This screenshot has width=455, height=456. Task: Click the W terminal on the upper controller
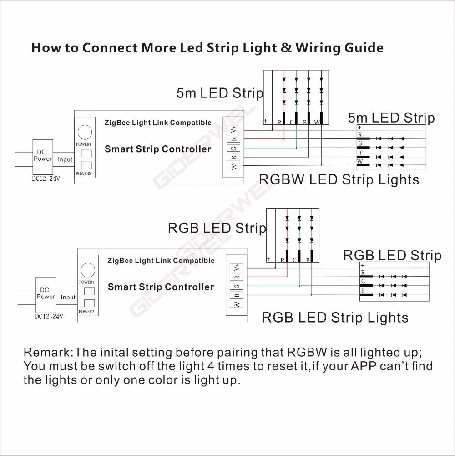click(234, 167)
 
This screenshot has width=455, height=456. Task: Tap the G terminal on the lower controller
click(237, 286)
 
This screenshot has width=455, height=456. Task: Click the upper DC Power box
click(43, 156)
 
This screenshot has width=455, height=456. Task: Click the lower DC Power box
click(45, 293)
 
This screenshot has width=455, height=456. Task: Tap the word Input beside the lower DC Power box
click(68, 297)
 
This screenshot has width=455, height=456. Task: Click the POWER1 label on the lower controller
click(86, 282)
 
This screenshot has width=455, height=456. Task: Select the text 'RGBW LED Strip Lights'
click(339, 179)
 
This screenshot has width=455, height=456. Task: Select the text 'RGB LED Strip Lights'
click(335, 317)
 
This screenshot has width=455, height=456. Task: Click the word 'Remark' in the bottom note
click(47, 353)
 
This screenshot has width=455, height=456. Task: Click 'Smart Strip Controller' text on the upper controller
click(158, 149)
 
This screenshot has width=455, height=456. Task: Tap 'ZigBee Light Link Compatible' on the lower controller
click(161, 261)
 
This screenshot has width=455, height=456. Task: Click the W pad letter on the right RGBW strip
click(359, 162)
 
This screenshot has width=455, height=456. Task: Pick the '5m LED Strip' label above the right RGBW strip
click(391, 118)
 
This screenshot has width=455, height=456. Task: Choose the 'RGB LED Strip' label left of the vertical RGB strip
click(217, 228)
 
